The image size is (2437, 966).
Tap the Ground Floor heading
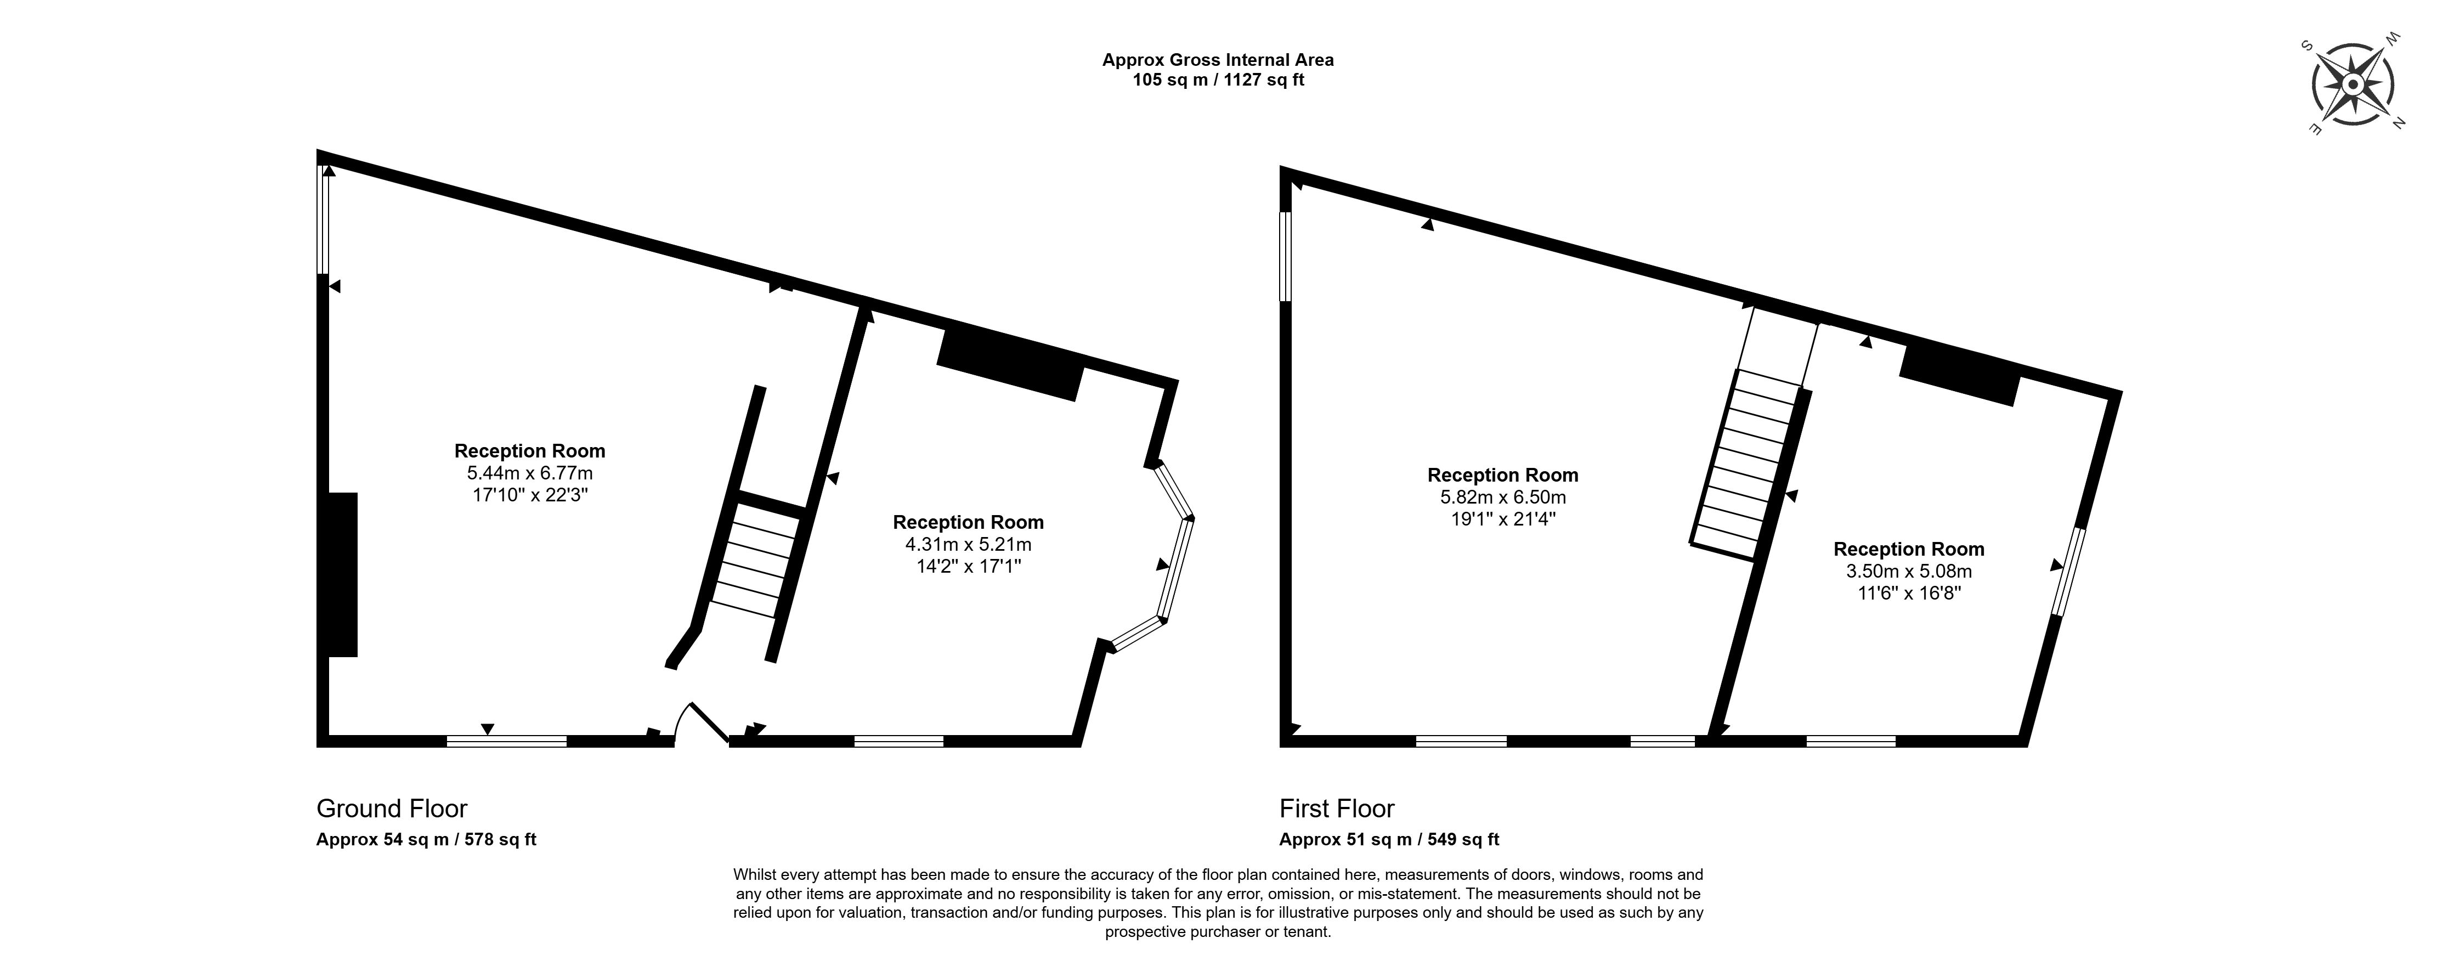[x=392, y=809]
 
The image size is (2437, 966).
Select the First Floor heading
[x=1337, y=809]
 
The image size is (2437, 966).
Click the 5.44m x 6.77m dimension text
[x=530, y=473]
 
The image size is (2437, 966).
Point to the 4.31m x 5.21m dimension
[x=968, y=544]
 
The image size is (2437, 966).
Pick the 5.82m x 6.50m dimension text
[x=1502, y=497]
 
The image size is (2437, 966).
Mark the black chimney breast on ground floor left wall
[x=342, y=574]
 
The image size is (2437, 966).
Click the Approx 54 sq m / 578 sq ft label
[x=426, y=839]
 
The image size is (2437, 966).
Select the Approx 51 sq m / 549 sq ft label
[x=1389, y=839]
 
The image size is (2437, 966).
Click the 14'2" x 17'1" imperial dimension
[x=968, y=567]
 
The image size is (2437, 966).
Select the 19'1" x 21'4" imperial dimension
[x=1502, y=519]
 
